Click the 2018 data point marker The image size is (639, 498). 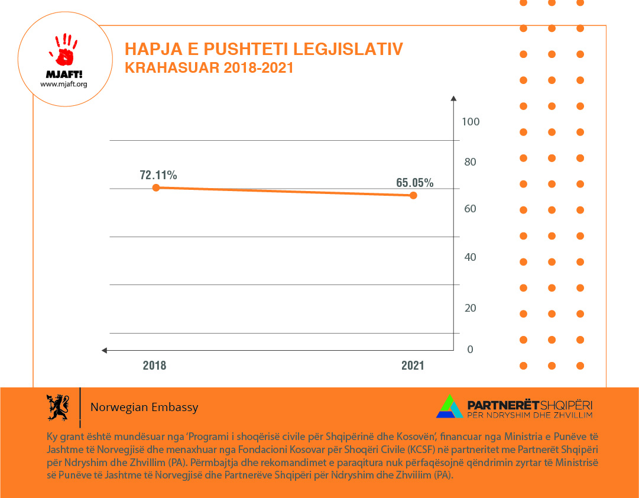tap(156, 187)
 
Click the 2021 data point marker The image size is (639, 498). tap(413, 195)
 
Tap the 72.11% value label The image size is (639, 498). tap(158, 175)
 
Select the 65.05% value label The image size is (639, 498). tap(415, 183)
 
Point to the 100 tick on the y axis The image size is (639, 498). tap(471, 122)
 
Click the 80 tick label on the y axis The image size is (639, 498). tap(471, 162)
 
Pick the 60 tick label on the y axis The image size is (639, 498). tap(471, 209)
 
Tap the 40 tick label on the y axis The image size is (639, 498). tap(471, 257)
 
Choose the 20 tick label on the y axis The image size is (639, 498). tap(471, 308)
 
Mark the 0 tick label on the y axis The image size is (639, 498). tap(471, 350)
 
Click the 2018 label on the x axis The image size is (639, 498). tap(154, 366)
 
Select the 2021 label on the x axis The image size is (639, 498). tap(413, 366)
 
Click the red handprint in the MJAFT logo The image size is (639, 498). tap(64, 50)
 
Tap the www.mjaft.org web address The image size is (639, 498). tap(64, 84)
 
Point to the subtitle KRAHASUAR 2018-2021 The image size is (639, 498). tap(209, 67)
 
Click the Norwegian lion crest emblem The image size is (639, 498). tap(58, 407)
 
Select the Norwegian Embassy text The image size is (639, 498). tap(144, 408)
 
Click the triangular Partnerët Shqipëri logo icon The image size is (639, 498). tap(450, 406)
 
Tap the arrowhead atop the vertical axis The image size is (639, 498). tap(453, 98)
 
